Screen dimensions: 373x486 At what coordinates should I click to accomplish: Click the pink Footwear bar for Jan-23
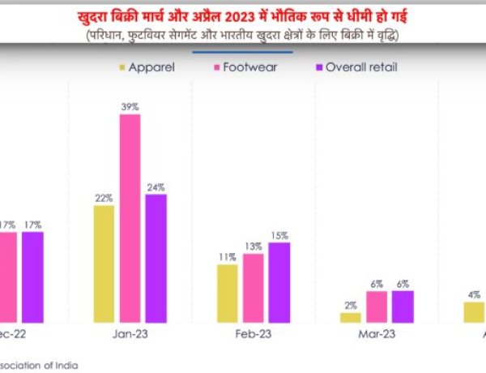pos(130,219)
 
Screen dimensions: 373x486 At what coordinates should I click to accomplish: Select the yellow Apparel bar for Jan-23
pos(104,264)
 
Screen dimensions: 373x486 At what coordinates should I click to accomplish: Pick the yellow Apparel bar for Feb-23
pos(228,294)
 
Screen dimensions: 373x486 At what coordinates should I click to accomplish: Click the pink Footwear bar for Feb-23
pos(254,289)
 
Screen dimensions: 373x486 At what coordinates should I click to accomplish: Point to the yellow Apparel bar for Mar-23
pos(351,318)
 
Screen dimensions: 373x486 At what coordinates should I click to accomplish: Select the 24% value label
pos(156,187)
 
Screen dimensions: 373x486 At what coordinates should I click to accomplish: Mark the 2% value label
pos(351,306)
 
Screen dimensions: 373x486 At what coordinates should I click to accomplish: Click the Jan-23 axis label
pos(130,333)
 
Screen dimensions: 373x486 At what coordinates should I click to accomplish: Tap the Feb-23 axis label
pos(254,333)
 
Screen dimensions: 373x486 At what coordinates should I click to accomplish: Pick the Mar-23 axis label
pos(377,333)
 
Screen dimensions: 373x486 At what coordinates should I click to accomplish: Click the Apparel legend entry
pos(149,66)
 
